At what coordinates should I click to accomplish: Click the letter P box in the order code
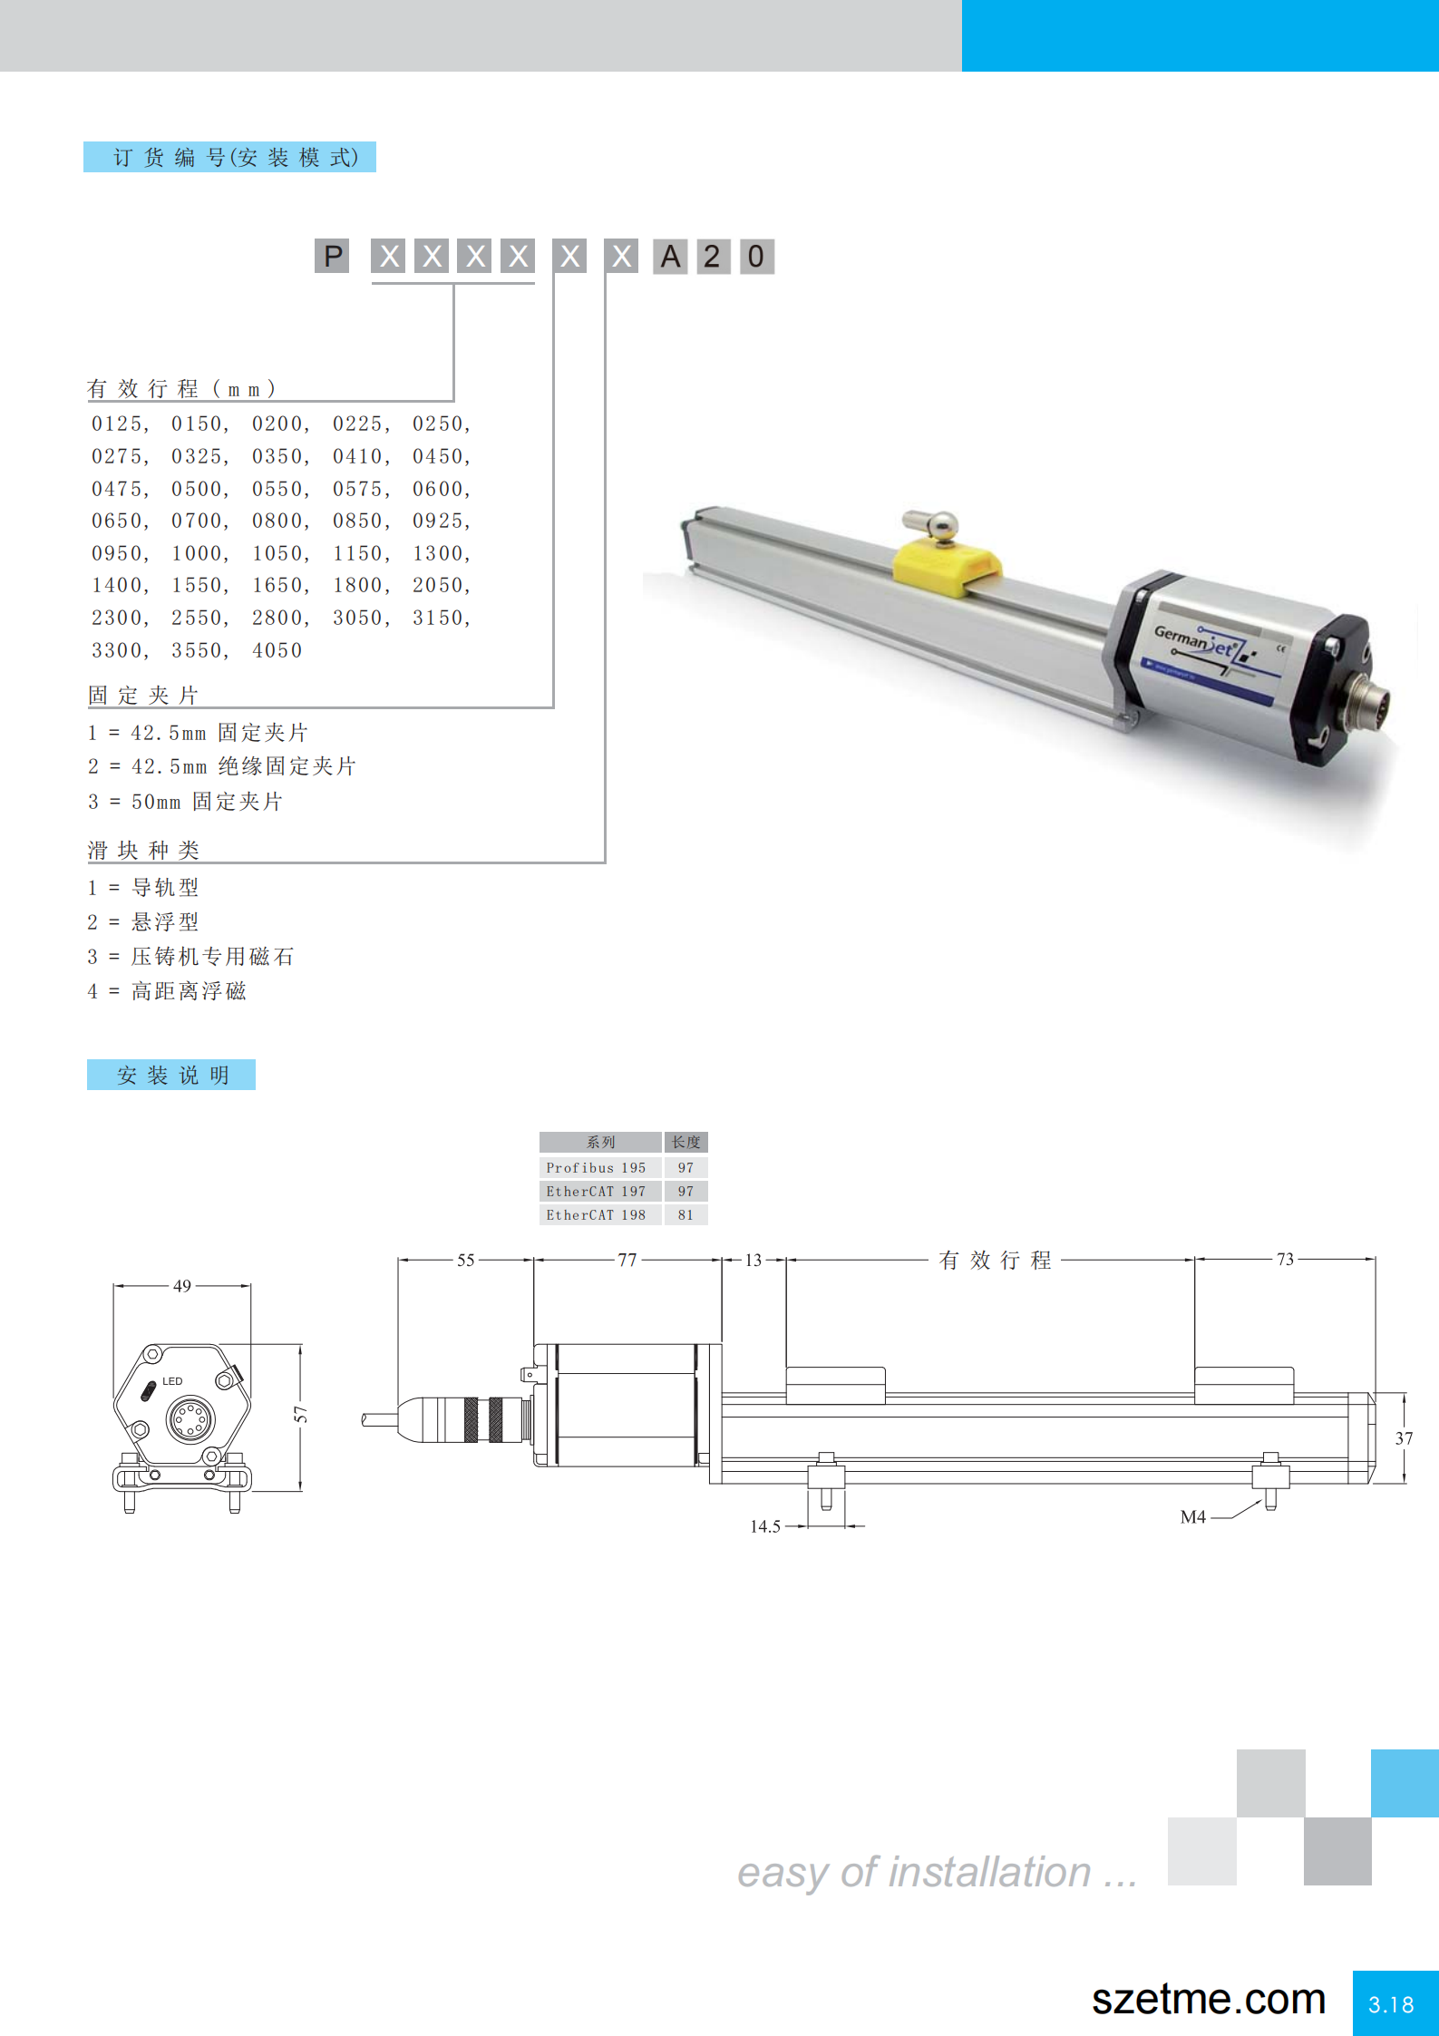(x=332, y=257)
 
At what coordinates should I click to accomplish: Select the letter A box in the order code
(x=670, y=257)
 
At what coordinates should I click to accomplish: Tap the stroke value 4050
(x=277, y=650)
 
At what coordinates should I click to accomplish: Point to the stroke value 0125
(x=118, y=424)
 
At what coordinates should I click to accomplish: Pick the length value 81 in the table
(x=685, y=1214)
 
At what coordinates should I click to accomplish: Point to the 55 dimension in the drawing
(x=465, y=1260)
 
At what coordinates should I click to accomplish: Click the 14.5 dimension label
(x=764, y=1526)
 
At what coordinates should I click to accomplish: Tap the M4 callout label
(x=1193, y=1516)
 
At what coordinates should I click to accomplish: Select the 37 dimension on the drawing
(x=1404, y=1438)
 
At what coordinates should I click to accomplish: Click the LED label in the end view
(x=172, y=1381)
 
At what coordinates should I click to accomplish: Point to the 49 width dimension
(x=182, y=1286)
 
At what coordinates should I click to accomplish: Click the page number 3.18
(x=1392, y=2004)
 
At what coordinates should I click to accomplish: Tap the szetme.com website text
(x=1209, y=1999)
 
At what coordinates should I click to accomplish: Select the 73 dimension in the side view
(x=1285, y=1259)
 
